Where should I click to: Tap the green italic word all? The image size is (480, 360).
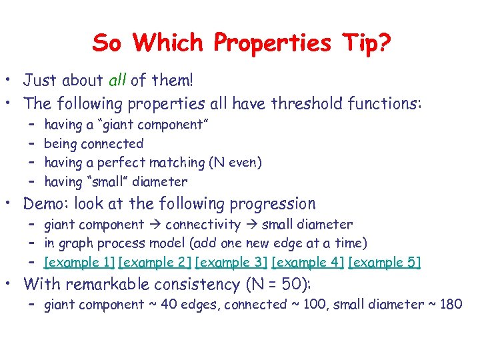116,81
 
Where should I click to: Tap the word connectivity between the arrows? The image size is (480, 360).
203,224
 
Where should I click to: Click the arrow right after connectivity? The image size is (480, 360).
252,225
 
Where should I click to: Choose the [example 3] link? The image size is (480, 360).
233,263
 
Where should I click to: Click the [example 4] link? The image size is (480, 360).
309,263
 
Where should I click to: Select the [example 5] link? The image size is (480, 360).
385,263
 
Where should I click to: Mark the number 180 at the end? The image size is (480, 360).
451,305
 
